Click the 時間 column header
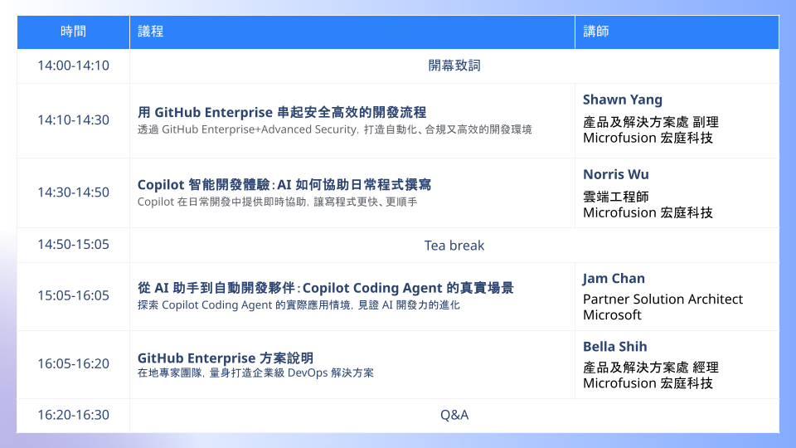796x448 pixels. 73,32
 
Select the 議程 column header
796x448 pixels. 150,32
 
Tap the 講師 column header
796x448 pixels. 596,32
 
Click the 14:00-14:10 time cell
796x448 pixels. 73,66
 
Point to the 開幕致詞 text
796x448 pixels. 454,66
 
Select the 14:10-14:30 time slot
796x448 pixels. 73,119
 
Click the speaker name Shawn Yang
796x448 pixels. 623,100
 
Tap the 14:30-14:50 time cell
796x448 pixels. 73,192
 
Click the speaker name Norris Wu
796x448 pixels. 616,174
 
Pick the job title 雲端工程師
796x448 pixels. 616,197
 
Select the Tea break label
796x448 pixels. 454,246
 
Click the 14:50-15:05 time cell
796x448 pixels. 73,244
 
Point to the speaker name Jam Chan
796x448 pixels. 614,279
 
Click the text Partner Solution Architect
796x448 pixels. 663,299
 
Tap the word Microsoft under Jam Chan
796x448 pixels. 612,315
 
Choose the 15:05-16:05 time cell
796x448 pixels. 73,295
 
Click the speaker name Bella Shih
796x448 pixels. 614,347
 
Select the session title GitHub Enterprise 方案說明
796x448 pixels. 226,358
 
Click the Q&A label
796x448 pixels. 454,415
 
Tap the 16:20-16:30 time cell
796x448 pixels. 73,415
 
